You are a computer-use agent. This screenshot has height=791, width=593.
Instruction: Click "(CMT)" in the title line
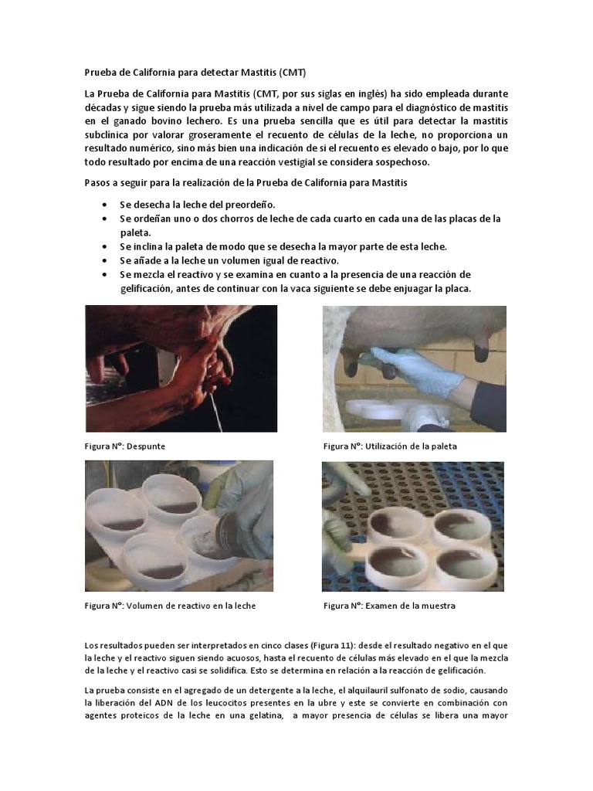pos(292,73)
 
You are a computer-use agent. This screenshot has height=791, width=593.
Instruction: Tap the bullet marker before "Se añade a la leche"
pos(105,260)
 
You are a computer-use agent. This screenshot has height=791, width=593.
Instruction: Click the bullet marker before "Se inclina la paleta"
pos(105,246)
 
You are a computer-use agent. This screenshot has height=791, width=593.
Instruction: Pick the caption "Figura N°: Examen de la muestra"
pos(389,606)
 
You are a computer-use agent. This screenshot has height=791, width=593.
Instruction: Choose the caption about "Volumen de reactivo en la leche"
pos(170,606)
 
